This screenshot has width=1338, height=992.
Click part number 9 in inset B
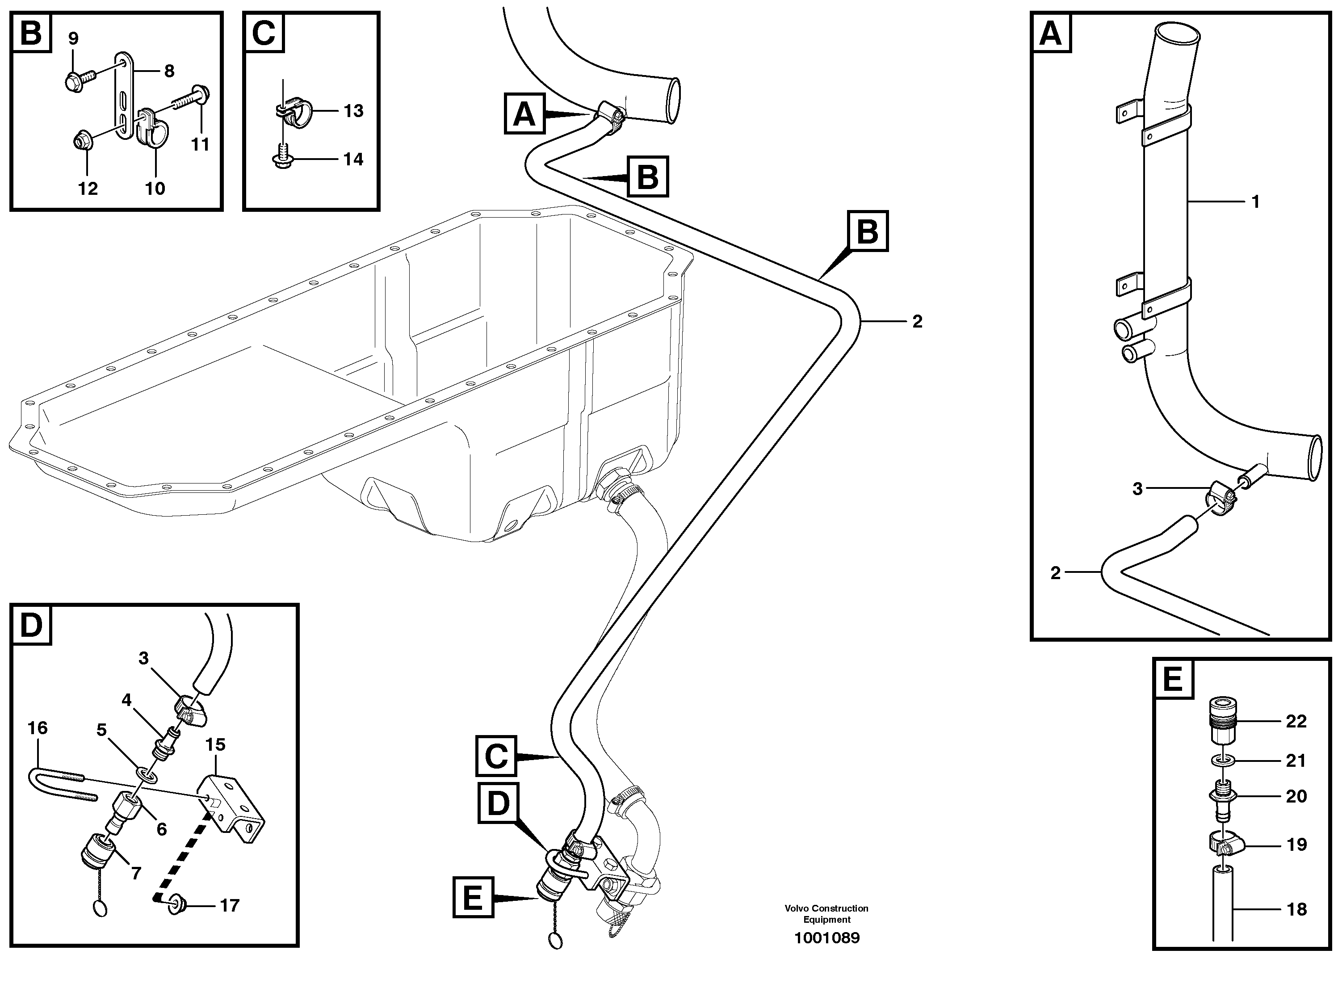click(x=73, y=39)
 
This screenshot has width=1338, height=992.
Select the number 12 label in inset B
click(x=88, y=189)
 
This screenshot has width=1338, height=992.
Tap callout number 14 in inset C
click(x=353, y=159)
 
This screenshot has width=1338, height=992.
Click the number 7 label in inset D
click(x=136, y=873)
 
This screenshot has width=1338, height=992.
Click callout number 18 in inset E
click(x=1296, y=909)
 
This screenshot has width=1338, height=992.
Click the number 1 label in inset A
click(x=1254, y=202)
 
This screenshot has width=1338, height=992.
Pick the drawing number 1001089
click(x=826, y=938)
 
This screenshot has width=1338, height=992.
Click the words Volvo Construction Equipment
click(x=826, y=914)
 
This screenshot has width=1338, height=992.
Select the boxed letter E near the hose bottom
click(x=473, y=898)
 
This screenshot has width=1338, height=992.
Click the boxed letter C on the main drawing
click(x=496, y=756)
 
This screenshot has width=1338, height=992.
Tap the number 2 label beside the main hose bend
click(x=917, y=322)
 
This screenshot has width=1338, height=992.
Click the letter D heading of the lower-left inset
click(x=31, y=625)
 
